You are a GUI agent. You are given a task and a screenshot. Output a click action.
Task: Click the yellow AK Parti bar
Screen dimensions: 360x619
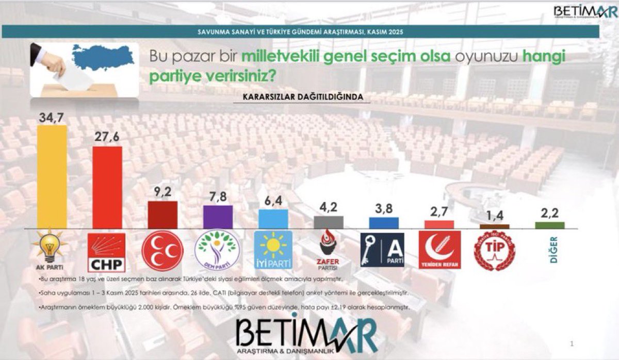52,176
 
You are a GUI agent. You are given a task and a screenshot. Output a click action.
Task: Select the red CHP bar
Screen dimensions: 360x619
107,187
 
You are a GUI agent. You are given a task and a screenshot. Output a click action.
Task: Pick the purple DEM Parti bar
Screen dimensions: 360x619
218,217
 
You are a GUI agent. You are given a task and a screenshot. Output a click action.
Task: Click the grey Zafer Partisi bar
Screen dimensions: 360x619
329,222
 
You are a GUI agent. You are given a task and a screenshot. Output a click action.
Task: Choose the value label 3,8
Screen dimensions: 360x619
384,209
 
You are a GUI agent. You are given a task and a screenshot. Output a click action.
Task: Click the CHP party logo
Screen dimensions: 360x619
107,252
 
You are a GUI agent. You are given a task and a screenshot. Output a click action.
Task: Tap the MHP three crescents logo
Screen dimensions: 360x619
162,251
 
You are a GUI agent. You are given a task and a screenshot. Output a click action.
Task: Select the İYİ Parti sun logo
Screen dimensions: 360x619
273,250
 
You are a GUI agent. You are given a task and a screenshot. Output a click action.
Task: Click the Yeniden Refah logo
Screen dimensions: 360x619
439,250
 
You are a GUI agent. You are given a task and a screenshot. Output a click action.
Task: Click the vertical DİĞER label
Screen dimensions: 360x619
554,251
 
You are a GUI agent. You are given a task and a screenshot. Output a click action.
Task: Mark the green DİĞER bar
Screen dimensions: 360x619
550,225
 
